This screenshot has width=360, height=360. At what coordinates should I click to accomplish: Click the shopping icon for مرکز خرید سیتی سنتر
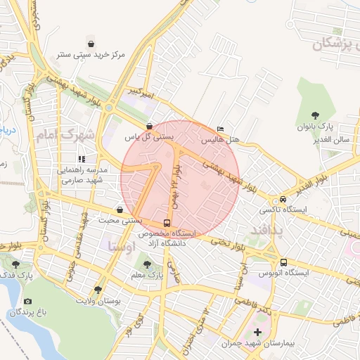pyautogui.click(x=89, y=43)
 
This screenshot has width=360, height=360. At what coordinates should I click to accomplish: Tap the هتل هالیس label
pyautogui.click(x=221, y=141)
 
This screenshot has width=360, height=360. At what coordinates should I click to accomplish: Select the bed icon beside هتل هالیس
pyautogui.click(x=221, y=129)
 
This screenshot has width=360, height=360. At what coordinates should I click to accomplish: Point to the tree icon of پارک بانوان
pyautogui.click(x=314, y=115)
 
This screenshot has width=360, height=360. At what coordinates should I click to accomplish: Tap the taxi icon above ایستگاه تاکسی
pyautogui.click(x=283, y=199)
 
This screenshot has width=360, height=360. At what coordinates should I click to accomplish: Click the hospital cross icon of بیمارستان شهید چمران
pyautogui.click(x=257, y=331)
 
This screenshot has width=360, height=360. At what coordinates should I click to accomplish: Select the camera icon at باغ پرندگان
pyautogui.click(x=27, y=302)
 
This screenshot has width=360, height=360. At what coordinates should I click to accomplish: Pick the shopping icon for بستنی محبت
pyautogui.click(x=120, y=210)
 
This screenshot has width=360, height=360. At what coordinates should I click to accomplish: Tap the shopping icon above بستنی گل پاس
pyautogui.click(x=149, y=127)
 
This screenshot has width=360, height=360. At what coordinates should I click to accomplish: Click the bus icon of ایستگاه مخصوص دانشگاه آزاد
pyautogui.click(x=167, y=222)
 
